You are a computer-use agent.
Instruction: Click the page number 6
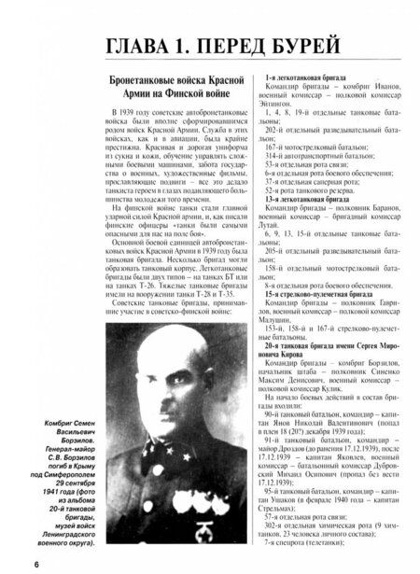click(x=10, y=563)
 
